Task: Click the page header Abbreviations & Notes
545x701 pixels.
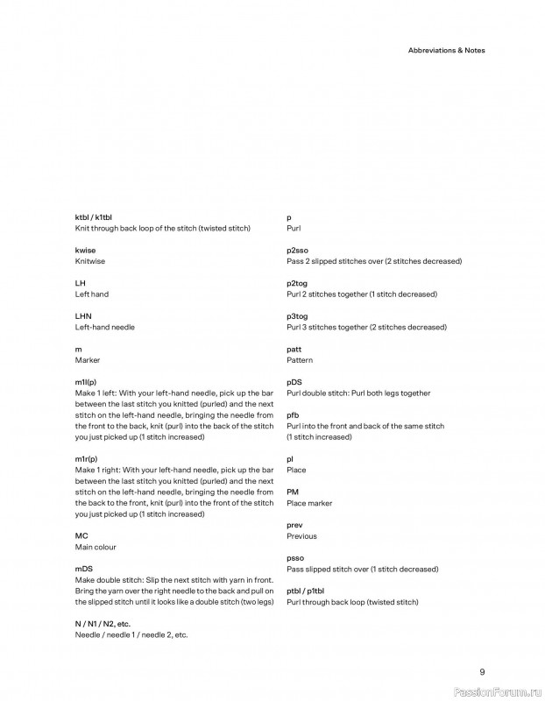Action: [x=446, y=50]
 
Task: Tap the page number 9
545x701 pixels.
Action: [x=482, y=671]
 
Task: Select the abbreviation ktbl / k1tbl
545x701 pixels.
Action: [x=94, y=216]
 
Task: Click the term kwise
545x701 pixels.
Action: [x=85, y=250]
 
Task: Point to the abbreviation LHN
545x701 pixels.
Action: [x=83, y=315]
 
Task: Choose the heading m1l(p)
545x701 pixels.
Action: [x=86, y=382]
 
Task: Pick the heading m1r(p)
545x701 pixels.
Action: [x=86, y=459]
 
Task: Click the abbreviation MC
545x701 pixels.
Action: [x=81, y=535]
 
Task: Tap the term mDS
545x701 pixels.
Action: [x=84, y=569]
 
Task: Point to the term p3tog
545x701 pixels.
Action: [x=298, y=315]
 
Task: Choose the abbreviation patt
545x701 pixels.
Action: [x=294, y=349]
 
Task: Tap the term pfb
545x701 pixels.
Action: [x=293, y=414]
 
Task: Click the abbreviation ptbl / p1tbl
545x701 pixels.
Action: [x=306, y=591]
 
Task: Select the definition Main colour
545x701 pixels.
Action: [x=96, y=547]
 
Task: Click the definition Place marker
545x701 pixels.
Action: [x=309, y=503]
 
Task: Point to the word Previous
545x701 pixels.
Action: [x=302, y=536]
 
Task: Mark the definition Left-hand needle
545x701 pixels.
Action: [x=105, y=327]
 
